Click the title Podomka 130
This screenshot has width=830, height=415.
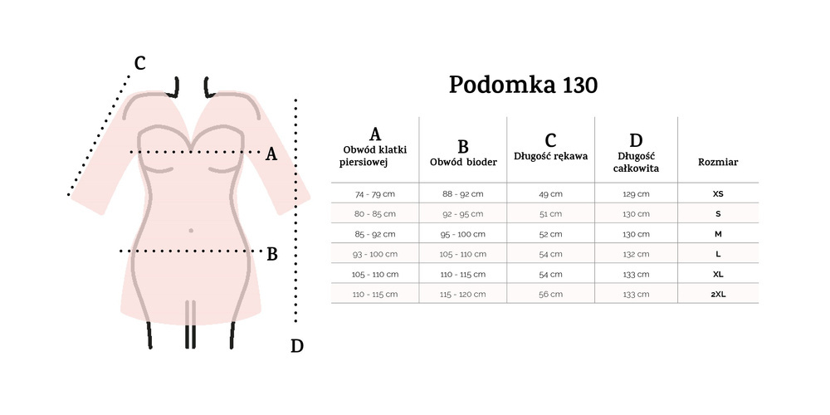[x=523, y=85]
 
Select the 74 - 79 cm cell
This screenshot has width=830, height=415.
[x=375, y=193]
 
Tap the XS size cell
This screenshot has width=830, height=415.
[x=718, y=193]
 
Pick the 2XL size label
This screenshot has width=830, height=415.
[x=718, y=294]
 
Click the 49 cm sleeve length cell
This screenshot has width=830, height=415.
[x=550, y=193]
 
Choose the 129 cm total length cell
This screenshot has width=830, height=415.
[x=637, y=193]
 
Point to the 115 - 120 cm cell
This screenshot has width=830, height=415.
[x=463, y=294]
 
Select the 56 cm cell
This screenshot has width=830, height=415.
[x=550, y=294]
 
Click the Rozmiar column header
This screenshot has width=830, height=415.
[x=718, y=162]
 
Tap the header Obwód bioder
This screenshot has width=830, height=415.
[x=463, y=154]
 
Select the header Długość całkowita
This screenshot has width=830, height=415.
[x=637, y=154]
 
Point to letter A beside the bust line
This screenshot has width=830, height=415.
[x=270, y=154]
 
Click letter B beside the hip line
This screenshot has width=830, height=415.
[x=271, y=254]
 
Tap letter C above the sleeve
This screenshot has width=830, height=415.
[x=139, y=63]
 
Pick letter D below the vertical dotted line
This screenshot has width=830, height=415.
[x=297, y=346]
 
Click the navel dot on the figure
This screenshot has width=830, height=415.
[x=192, y=230]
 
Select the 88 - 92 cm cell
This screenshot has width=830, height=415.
[x=463, y=193]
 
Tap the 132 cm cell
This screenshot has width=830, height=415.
[x=637, y=254]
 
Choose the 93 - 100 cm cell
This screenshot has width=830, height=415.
[x=375, y=254]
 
